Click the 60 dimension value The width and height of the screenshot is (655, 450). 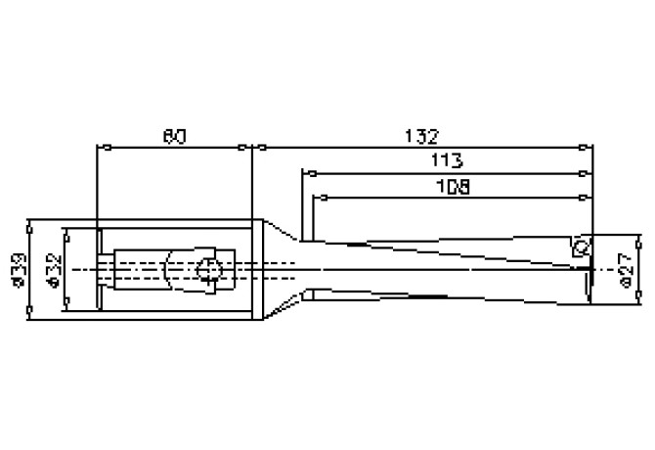174,136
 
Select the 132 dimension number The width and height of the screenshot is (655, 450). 422,135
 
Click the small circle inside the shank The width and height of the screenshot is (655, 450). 207,271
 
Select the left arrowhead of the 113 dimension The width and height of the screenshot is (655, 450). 305,173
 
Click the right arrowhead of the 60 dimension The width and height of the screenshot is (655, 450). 248,148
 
